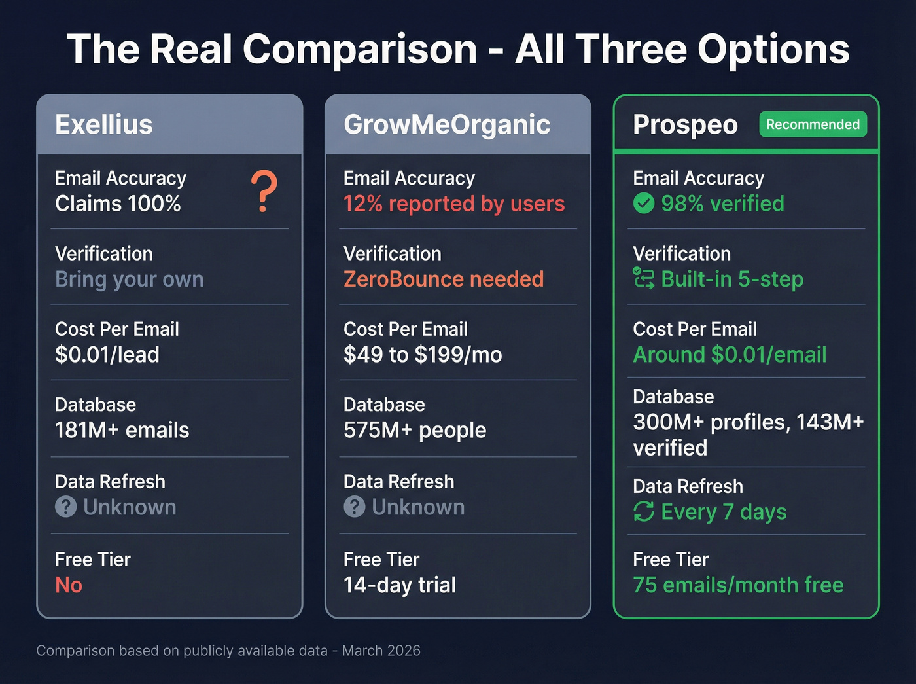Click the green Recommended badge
pyautogui.click(x=813, y=124)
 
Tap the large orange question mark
pyautogui.click(x=264, y=191)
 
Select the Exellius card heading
pyautogui.click(x=104, y=124)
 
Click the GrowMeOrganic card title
pyautogui.click(x=447, y=124)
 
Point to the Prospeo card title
pyautogui.click(x=685, y=124)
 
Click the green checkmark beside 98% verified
pyautogui.click(x=644, y=204)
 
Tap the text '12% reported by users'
pyautogui.click(x=454, y=204)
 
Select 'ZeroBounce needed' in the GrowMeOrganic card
pyautogui.click(x=444, y=279)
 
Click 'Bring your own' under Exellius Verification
pyautogui.click(x=130, y=279)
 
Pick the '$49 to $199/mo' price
pyautogui.click(x=423, y=355)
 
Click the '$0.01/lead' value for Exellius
pyautogui.click(x=107, y=355)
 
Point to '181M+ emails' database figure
pyautogui.click(x=122, y=430)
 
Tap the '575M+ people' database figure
pyautogui.click(x=415, y=430)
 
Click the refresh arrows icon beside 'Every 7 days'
pyautogui.click(x=644, y=512)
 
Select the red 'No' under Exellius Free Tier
pyautogui.click(x=69, y=585)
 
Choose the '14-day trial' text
pyautogui.click(x=400, y=585)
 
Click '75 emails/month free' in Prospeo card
pyautogui.click(x=738, y=585)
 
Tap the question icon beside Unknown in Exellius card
pyautogui.click(x=66, y=507)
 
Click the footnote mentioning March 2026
pyautogui.click(x=228, y=651)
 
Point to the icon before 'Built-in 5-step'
pyautogui.click(x=644, y=279)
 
